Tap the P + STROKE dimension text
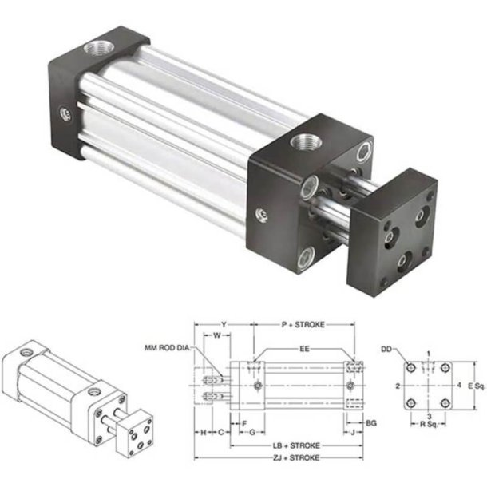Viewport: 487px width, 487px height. [304, 325]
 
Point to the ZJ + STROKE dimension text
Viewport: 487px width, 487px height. [295, 457]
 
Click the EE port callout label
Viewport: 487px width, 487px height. [305, 348]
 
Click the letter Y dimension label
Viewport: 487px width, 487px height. [224, 325]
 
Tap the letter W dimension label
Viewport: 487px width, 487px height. [217, 336]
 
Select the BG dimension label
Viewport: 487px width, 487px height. [370, 421]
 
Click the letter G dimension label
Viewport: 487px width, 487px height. [252, 432]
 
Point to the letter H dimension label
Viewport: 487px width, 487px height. [204, 432]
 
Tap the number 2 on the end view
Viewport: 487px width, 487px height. [398, 386]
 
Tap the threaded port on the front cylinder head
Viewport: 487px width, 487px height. [303, 145]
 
